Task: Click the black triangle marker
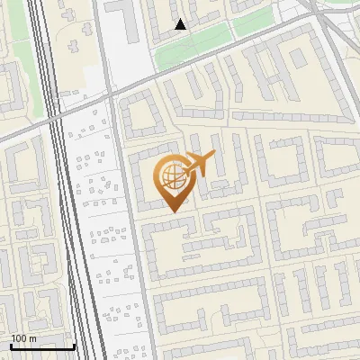point(181,24)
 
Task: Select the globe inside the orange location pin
point(171,175)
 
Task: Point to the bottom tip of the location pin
point(172,212)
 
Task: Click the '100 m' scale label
point(23,338)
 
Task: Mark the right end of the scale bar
point(74,346)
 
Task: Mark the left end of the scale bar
point(11,346)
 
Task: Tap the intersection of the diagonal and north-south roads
point(110,92)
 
